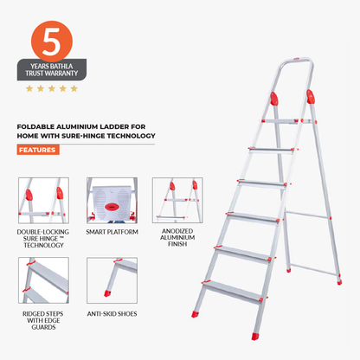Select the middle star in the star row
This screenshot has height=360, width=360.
(50, 88)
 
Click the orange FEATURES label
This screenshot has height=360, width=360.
(38, 150)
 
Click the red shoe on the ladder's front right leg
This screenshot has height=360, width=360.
(254, 335)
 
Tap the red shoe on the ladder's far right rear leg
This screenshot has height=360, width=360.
(338, 280)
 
